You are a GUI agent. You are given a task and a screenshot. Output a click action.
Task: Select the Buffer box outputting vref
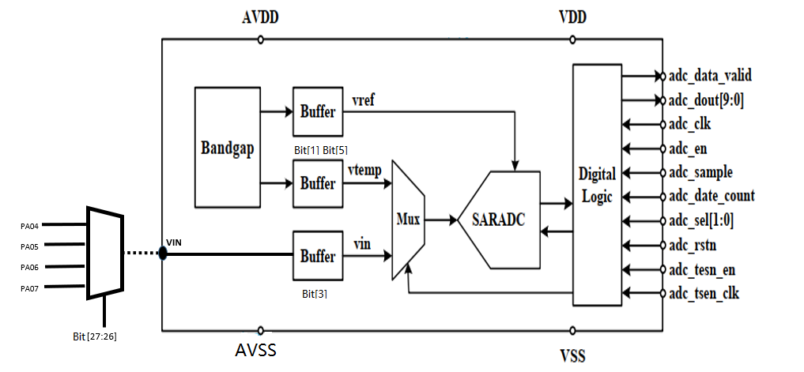click(x=318, y=112)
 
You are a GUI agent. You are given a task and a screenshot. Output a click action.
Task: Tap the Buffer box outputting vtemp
click(x=318, y=183)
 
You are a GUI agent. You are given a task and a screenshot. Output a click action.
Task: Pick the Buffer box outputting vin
click(x=318, y=256)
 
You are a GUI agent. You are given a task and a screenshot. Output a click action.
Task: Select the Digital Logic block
click(x=596, y=185)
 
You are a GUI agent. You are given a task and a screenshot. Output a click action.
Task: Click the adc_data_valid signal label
click(x=710, y=77)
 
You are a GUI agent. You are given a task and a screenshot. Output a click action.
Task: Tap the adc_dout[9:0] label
click(x=705, y=100)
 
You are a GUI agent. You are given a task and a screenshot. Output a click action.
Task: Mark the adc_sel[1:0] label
click(x=701, y=221)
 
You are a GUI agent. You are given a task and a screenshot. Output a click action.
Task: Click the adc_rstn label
click(x=693, y=245)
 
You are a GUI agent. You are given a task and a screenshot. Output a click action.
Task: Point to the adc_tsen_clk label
click(x=704, y=294)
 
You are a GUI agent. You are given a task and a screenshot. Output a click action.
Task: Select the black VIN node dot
click(x=162, y=254)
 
